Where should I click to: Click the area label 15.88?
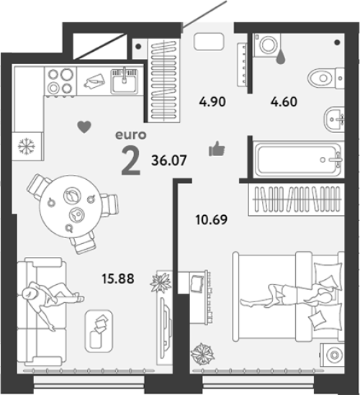coord(118,279)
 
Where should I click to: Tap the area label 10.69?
coord(212,219)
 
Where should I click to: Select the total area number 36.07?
coord(169,160)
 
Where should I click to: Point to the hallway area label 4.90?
coord(212,101)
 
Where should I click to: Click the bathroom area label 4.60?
coord(284,101)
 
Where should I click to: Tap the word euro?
coord(131,135)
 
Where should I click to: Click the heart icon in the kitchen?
coord(84,127)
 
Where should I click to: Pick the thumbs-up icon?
coord(217,148)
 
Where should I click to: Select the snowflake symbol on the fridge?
coord(27,146)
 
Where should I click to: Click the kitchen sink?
coord(125,81)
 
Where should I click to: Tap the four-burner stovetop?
coord(60,81)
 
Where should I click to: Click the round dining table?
coord(71,206)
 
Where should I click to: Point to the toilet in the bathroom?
coord(326,78)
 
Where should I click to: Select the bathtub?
coord(298,160)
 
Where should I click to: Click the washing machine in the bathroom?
coord(267,45)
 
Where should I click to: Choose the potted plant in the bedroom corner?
coord(202,354)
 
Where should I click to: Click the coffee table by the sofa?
coord(99,331)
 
